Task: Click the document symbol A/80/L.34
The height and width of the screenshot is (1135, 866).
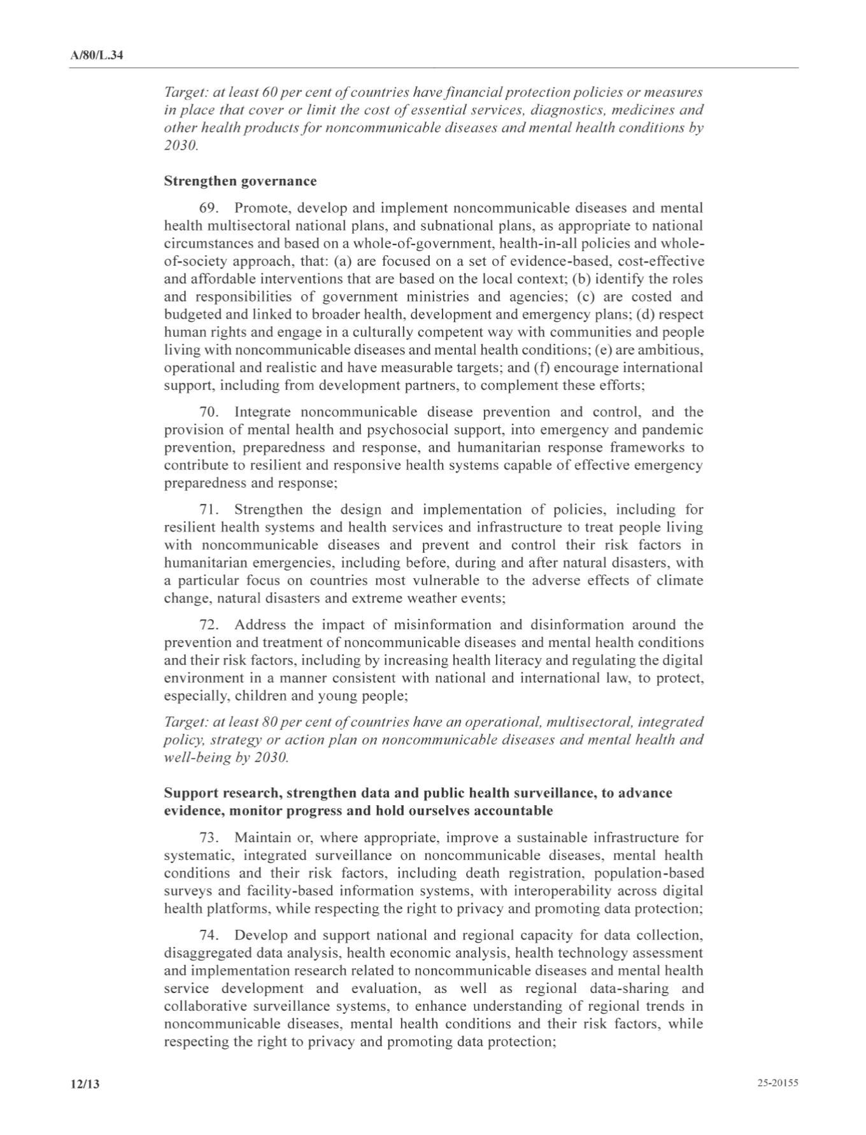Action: [x=96, y=55]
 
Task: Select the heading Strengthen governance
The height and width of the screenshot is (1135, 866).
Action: [x=240, y=181]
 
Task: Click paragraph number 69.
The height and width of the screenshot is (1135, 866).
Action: [x=209, y=208]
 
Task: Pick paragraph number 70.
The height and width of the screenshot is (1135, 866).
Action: [x=209, y=412]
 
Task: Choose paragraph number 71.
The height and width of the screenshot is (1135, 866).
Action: [x=209, y=510]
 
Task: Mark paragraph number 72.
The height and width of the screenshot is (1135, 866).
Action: [x=209, y=625]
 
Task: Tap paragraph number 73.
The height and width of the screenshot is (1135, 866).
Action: [x=209, y=838]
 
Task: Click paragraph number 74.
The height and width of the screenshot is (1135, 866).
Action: [x=209, y=935]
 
